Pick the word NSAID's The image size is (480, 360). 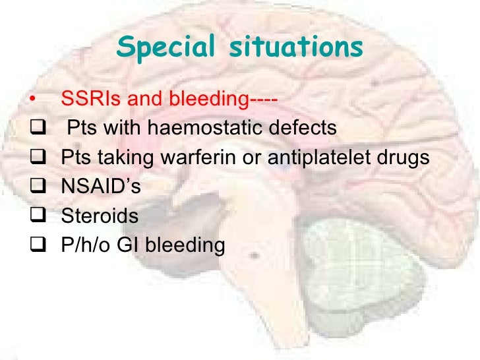click(x=100, y=188)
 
